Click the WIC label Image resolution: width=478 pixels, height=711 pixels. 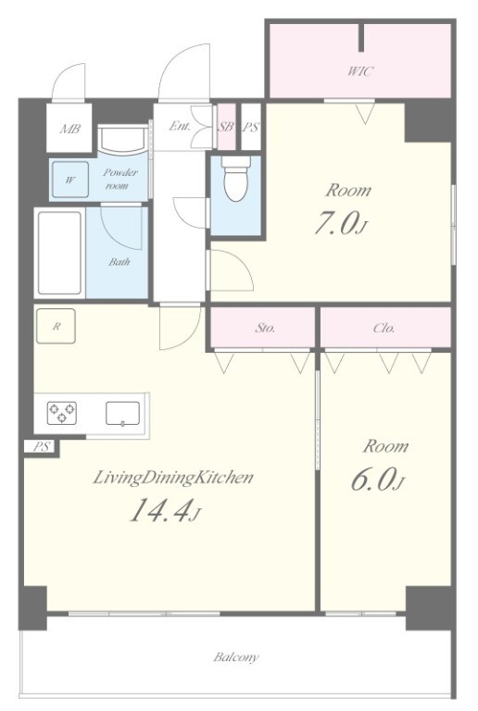[x=360, y=71]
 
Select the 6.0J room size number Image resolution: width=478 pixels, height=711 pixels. [x=376, y=480]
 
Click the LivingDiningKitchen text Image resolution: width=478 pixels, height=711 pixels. [x=173, y=478]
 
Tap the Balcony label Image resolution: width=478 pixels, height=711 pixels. [x=236, y=657]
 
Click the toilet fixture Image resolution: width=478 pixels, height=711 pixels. [x=236, y=178]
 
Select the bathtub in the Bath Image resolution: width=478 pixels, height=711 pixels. [x=60, y=253]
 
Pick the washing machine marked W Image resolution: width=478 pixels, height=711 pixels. [x=69, y=180]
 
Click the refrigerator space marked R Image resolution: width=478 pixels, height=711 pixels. [x=56, y=326]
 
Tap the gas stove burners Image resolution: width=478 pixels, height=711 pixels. [x=62, y=413]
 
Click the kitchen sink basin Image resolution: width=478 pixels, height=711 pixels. [x=123, y=414]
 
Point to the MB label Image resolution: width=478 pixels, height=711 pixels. [x=69, y=130]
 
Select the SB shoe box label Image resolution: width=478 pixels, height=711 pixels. [x=226, y=127]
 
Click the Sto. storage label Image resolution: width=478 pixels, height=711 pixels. [x=264, y=328]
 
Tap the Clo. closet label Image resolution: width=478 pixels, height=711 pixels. [x=384, y=328]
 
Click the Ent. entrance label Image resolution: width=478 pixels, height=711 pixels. [x=180, y=126]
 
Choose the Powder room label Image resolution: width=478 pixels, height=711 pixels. [x=119, y=179]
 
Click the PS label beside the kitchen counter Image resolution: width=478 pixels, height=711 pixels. [x=41, y=446]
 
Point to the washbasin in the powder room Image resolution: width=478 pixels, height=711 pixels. [x=122, y=139]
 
